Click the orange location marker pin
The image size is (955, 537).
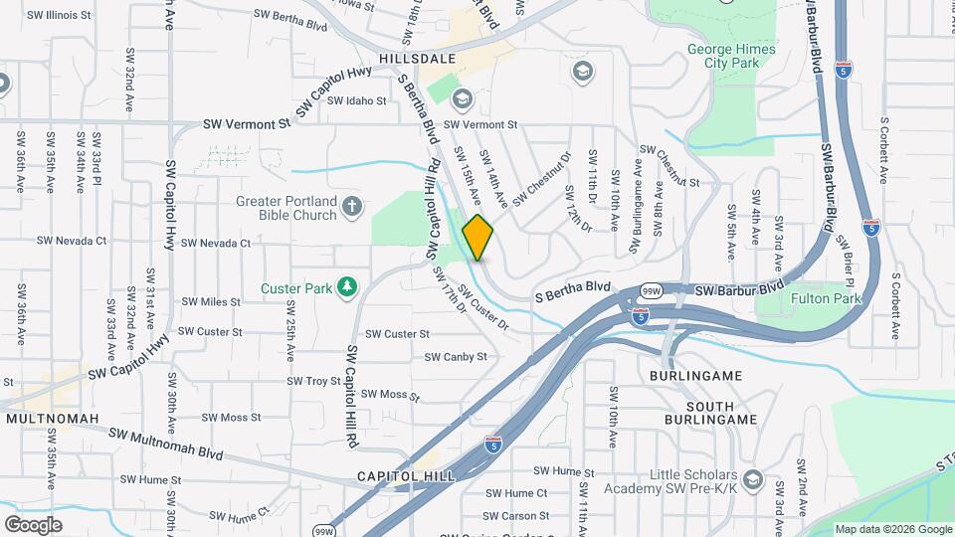tap(478, 238)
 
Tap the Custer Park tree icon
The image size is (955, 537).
tap(346, 288)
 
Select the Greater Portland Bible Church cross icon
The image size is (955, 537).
tap(350, 207)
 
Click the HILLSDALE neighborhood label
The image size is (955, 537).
tap(417, 59)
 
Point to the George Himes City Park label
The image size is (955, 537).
tap(723, 56)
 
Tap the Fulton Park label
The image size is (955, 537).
tap(825, 297)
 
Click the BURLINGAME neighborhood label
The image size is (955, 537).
tap(695, 377)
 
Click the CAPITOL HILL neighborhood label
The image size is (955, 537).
tap(406, 476)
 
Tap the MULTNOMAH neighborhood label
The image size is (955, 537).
tap(53, 419)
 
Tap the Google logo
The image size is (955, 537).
tap(33, 524)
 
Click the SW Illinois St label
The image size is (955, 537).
tap(59, 16)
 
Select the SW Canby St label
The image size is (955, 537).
tap(456, 356)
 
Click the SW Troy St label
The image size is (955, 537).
tap(314, 381)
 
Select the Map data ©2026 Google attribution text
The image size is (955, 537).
tap(892, 529)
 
